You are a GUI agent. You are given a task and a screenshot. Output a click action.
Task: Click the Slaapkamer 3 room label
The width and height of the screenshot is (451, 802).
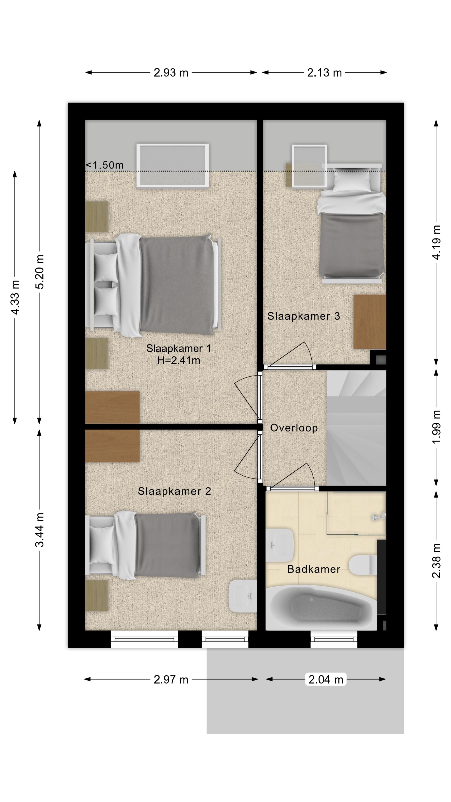tap(303, 316)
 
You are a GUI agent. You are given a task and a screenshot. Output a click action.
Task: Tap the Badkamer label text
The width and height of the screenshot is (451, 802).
tap(313, 569)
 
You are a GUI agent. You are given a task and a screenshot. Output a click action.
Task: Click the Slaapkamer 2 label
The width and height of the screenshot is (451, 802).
tap(174, 491)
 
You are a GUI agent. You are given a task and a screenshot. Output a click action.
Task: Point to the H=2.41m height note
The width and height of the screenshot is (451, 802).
tap(178, 360)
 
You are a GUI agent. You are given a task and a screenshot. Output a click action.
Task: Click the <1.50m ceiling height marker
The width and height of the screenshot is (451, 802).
tap(105, 165)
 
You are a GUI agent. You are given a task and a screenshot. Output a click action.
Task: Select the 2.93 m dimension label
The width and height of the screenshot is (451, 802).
tap(171, 72)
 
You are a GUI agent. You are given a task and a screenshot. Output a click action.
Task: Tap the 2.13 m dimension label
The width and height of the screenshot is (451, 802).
tap(324, 72)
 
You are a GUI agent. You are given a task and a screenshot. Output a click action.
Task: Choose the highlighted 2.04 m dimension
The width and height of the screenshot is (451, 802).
tap(326, 679)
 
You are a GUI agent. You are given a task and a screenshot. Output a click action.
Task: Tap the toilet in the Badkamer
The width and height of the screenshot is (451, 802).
tap(363, 565)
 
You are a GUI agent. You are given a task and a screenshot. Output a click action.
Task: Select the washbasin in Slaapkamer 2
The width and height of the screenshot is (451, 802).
tap(243, 596)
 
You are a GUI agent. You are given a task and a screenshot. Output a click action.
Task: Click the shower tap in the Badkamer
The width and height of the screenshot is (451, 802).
tap(379, 517)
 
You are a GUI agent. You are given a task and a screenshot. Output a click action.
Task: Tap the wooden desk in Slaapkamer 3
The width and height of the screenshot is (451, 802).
tap(370, 322)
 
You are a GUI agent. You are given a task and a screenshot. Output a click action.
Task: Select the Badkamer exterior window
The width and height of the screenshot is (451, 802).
tap(334, 640)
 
